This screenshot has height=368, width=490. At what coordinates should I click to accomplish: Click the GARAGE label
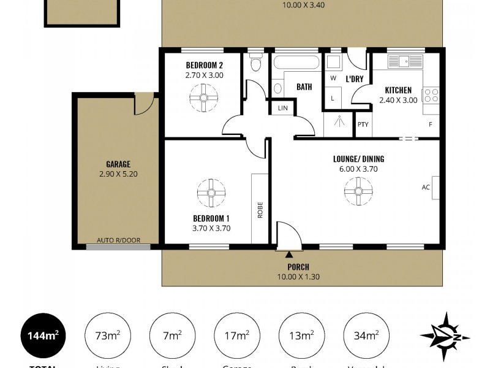(x=118, y=164)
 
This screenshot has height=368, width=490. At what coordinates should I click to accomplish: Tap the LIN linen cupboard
(x=282, y=108)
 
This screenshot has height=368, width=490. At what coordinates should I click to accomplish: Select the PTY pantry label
(x=363, y=125)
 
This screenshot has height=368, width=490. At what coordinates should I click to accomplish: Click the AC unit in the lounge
(x=435, y=188)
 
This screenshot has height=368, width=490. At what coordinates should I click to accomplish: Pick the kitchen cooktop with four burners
(x=431, y=95)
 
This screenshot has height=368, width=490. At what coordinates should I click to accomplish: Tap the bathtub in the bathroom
(x=296, y=63)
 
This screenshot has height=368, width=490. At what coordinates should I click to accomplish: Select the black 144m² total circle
(x=42, y=335)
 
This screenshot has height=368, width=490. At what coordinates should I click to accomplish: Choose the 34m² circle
(x=366, y=335)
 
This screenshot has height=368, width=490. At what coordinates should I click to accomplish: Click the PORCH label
(x=298, y=267)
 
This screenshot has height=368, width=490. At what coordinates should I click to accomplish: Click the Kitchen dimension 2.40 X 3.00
(x=398, y=100)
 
